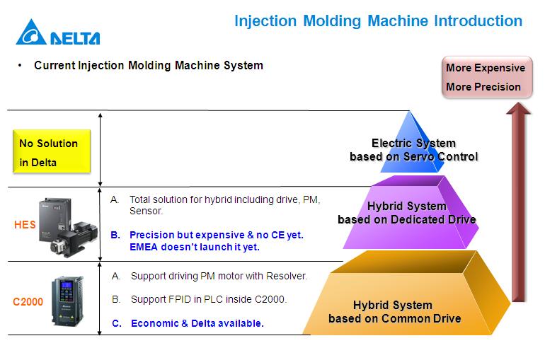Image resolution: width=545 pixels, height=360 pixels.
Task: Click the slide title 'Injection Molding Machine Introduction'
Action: [378, 21]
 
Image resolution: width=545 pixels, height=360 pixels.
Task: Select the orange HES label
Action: [24, 226]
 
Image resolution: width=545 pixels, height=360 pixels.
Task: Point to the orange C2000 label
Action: [28, 302]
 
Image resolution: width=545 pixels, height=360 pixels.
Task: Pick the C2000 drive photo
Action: [67, 300]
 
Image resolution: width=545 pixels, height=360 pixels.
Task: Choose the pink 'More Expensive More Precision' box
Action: [486, 77]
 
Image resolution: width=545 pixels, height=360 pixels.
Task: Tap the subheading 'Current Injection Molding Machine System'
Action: [149, 66]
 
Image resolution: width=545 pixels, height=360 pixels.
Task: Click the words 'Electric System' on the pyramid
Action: [413, 144]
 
